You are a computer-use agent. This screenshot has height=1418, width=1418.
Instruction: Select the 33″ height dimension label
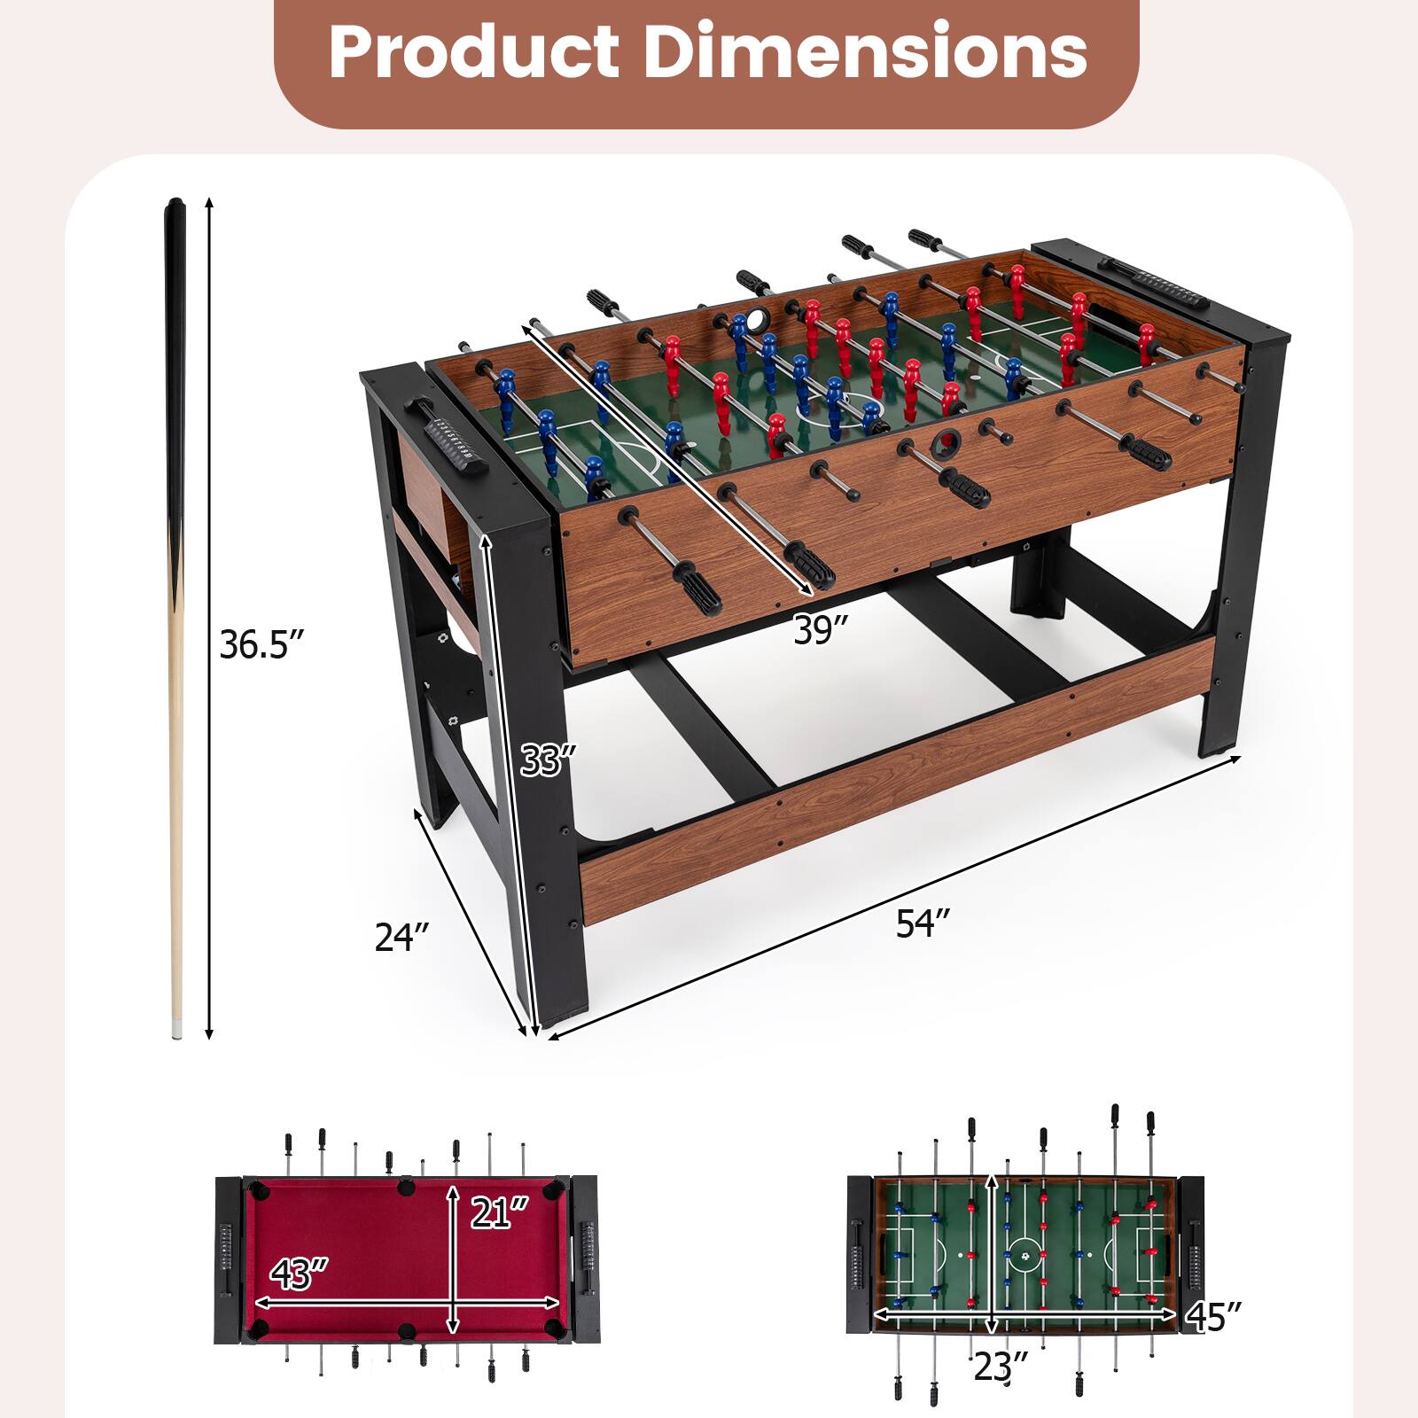[548, 760]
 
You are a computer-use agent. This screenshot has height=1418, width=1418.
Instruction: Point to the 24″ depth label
[401, 937]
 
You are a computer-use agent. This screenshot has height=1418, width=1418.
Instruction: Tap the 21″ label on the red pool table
[499, 1212]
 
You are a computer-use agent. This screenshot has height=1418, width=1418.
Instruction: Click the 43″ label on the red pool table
[299, 1274]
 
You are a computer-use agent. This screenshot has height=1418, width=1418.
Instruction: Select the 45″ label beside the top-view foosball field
[1212, 1316]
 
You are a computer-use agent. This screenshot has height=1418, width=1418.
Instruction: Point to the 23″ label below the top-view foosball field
[1001, 1367]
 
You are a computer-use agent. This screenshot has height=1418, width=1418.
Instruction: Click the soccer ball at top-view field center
[1025, 1255]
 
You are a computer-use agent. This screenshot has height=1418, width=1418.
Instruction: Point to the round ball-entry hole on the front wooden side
[948, 440]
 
